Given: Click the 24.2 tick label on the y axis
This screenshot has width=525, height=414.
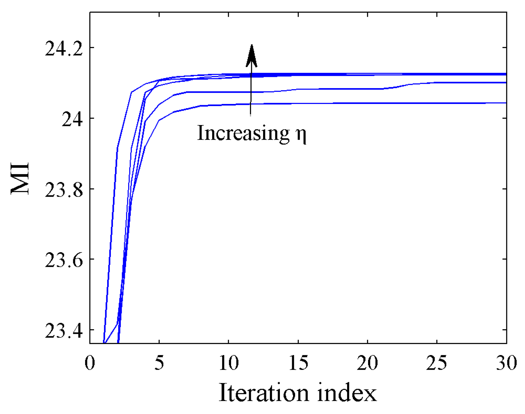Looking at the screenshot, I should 64,49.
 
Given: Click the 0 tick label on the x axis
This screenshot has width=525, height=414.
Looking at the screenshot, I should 90,363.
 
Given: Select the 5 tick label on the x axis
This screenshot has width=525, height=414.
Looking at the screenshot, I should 159,363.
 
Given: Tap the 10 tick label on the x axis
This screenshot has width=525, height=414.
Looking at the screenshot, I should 229,363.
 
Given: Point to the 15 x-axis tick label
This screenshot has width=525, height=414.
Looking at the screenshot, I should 298,363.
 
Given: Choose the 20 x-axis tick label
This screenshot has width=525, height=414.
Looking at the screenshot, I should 367,363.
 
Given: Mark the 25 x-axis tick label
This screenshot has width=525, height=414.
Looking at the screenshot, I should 437,363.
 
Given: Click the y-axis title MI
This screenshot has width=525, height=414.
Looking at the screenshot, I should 20,178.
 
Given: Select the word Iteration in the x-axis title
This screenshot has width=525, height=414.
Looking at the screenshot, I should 263,393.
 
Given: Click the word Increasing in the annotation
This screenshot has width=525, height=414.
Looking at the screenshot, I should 243,133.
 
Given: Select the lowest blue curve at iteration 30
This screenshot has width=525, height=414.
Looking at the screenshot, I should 505,103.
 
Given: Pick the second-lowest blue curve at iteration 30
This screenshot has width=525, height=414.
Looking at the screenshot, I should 505,83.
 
